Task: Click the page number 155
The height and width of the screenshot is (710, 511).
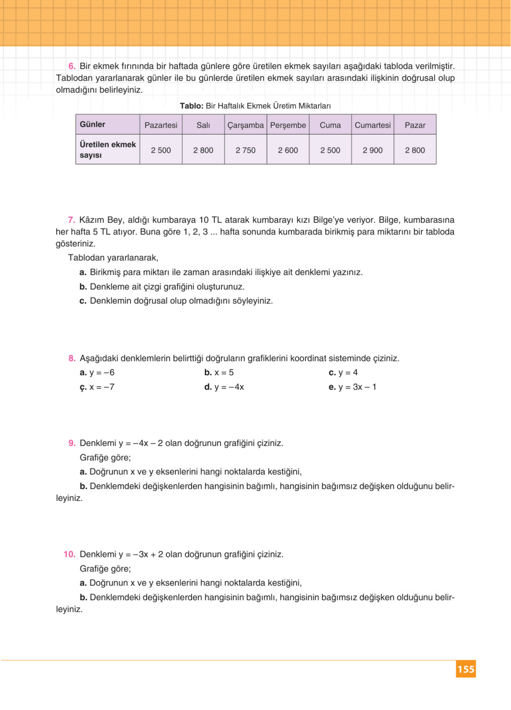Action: tap(466, 669)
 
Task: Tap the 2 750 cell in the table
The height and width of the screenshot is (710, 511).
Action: tap(245, 150)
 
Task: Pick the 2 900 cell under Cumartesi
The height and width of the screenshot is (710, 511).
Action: tap(372, 150)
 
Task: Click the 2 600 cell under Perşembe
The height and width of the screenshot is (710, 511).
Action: tap(288, 150)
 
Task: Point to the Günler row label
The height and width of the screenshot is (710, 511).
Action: tap(93, 124)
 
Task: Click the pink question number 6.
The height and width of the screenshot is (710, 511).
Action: tap(72, 66)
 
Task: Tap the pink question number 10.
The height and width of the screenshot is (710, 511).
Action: tap(69, 554)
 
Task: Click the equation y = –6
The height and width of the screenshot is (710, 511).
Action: tap(102, 373)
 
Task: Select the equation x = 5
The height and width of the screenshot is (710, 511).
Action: tap(224, 373)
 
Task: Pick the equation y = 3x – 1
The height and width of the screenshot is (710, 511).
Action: tap(357, 387)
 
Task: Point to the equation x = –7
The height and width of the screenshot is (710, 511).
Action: tap(102, 387)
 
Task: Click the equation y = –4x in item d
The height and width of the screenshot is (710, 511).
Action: tap(229, 387)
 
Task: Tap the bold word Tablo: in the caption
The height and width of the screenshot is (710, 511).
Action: tap(192, 106)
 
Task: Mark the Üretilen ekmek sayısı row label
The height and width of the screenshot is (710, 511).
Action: tap(107, 150)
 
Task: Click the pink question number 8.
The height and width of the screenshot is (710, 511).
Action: tap(72, 358)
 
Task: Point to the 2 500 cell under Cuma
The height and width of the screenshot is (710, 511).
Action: tap(330, 150)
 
